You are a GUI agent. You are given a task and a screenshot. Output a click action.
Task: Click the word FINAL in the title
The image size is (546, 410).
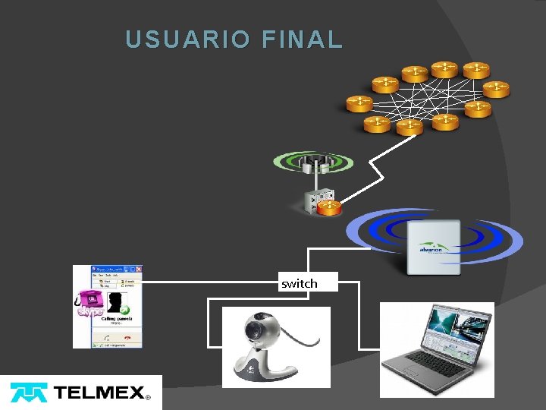coord(302,39)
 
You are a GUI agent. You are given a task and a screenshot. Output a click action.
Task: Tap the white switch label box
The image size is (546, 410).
coord(300,282)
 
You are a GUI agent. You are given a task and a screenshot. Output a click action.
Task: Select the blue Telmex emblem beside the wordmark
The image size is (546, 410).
coord(28,393)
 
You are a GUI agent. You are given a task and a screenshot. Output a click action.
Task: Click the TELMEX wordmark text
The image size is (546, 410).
coord(99,393)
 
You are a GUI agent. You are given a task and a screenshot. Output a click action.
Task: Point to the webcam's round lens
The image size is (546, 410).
coord(253,330)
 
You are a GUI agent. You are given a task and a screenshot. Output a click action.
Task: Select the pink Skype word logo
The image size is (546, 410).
coord(89,311)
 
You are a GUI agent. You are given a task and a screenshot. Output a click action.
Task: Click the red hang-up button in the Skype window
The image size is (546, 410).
coord(127,337)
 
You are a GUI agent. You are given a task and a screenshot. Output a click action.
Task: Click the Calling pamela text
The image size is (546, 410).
coord(115,318)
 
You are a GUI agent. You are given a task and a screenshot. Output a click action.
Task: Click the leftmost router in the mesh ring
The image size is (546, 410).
coord(358,102)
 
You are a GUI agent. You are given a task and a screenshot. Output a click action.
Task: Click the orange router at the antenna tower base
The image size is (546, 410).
coord(329,206)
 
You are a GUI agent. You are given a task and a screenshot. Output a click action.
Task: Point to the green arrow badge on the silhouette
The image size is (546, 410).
coord(124,309)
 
